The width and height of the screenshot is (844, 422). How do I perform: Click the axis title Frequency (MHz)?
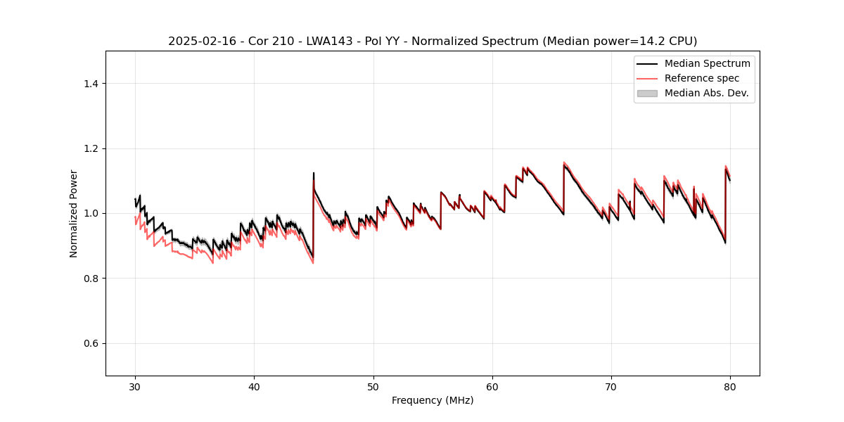[x=433, y=400]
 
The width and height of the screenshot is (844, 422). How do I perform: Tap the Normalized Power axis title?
[x=74, y=213]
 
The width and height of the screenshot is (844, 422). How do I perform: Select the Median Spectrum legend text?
[x=707, y=63]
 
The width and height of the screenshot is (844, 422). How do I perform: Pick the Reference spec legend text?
[x=701, y=78]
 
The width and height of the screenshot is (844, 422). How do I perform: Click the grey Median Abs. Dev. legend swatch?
[x=647, y=93]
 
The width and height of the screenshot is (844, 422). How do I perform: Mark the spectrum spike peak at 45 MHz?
[x=314, y=173]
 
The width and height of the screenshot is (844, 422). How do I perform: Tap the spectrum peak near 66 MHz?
[x=564, y=165]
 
